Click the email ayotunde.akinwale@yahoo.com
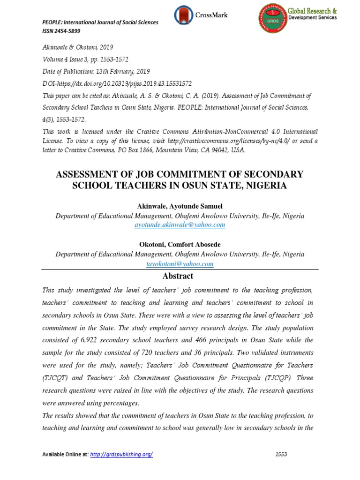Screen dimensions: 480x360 click(x=180, y=225)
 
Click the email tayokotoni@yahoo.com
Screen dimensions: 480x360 click(x=180, y=264)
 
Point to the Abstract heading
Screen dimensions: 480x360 click(x=180, y=276)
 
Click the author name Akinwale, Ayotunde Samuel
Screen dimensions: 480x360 click(x=180, y=206)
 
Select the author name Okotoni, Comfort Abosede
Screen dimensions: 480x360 click(x=180, y=245)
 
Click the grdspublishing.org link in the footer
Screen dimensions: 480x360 click(x=121, y=455)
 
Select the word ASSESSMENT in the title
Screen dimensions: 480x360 click(x=93, y=174)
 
